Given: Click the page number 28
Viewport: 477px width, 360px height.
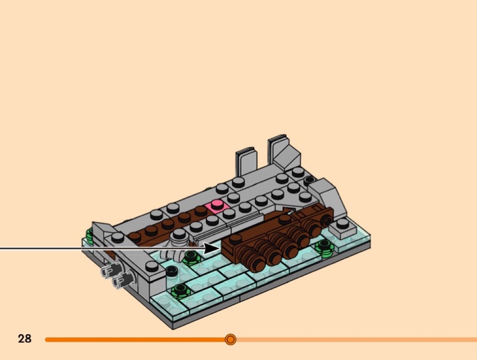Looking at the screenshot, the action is (25, 338).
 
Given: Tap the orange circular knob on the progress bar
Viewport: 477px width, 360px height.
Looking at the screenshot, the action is (231, 339).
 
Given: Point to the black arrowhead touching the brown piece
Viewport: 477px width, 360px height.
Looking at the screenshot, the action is (213, 248).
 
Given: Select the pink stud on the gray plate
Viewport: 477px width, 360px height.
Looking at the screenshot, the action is (216, 203).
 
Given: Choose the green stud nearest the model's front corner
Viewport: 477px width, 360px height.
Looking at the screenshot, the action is (180, 291).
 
